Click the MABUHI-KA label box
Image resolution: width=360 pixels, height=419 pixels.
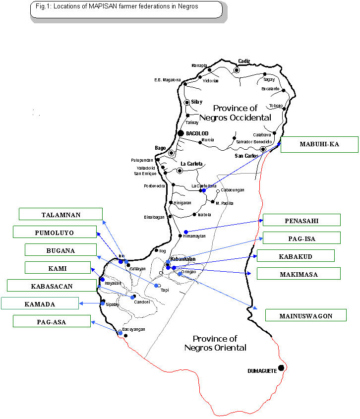[x=319, y=144]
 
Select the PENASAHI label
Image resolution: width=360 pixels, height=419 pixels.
[x=301, y=220]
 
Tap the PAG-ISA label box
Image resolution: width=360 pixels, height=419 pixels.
[x=301, y=238]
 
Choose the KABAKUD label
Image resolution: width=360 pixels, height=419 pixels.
[x=296, y=256]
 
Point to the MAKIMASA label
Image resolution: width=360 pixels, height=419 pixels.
[x=299, y=274]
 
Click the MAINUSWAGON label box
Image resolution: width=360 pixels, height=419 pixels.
[x=305, y=315]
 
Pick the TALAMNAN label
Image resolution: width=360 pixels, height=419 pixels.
[x=60, y=214]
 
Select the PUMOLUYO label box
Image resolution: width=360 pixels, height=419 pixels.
[x=55, y=232]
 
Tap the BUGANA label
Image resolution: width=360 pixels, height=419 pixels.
[x=60, y=250]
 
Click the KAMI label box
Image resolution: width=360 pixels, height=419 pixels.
[x=58, y=268]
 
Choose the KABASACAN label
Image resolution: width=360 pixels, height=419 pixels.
[x=52, y=286]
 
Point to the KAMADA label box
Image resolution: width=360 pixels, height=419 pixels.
[x=40, y=303]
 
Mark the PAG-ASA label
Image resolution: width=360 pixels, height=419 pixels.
[x=52, y=321]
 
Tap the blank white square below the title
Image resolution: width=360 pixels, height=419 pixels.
[x=62, y=79]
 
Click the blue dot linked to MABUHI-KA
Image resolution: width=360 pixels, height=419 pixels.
[x=204, y=190]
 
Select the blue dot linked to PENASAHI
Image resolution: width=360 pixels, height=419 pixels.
[x=186, y=232]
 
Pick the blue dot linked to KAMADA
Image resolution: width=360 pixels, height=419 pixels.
[x=103, y=303]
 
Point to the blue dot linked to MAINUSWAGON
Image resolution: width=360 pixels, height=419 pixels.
[x=180, y=274]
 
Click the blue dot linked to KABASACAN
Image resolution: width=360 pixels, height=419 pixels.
[x=132, y=298]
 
